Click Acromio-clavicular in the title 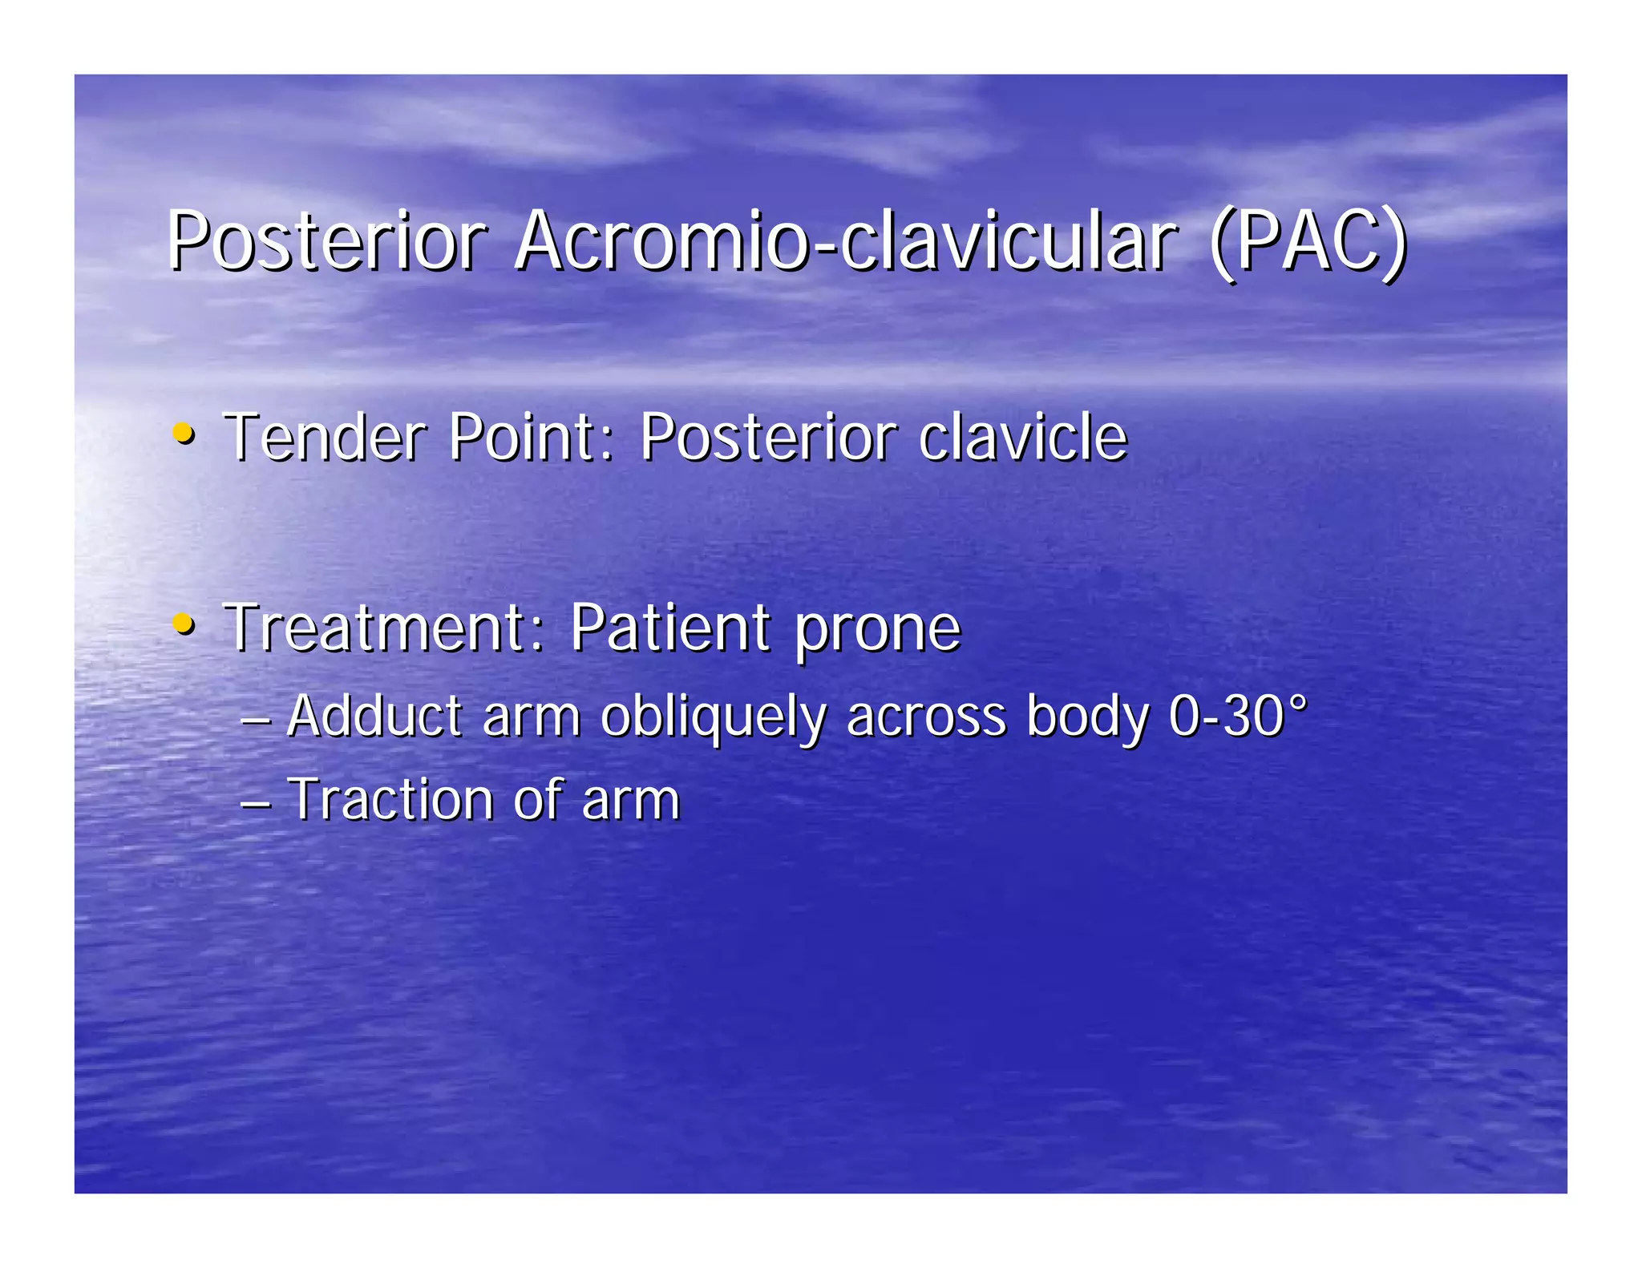click(x=846, y=241)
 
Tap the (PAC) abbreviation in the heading click(x=1307, y=241)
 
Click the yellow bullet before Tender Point click(x=184, y=434)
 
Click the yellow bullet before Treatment click(x=184, y=624)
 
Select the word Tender click(x=325, y=438)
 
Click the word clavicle click(x=1023, y=438)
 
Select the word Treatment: click(x=385, y=627)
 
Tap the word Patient click(x=670, y=627)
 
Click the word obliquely click(x=713, y=717)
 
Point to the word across click(x=926, y=717)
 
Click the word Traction click(x=391, y=800)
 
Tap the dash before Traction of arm click(x=256, y=802)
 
